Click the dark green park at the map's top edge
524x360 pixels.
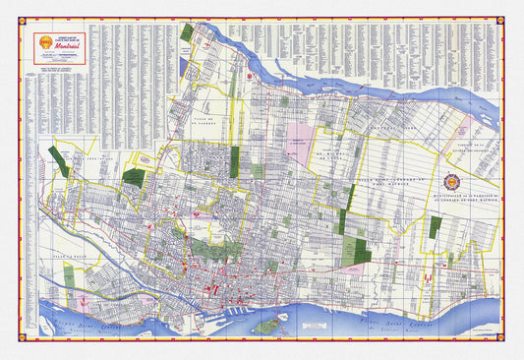[187, 31]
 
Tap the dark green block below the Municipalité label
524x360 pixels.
[434, 227]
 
